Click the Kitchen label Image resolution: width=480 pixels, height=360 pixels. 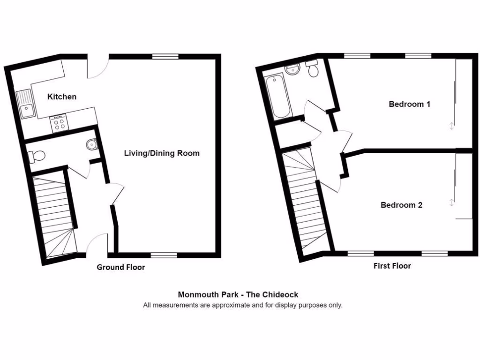coord(62,97)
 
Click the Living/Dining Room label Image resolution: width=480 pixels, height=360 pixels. coord(162,153)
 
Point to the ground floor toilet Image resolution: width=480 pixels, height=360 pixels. coord(36,156)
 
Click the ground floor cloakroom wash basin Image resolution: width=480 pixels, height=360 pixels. coord(92,145)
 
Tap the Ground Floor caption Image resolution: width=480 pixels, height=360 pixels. coord(120,268)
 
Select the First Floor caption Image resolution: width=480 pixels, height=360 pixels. coord(392,266)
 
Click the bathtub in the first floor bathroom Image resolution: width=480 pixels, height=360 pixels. coord(278,97)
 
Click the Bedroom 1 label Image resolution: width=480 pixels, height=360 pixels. coord(409,104)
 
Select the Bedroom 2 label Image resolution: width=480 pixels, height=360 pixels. coord(401,205)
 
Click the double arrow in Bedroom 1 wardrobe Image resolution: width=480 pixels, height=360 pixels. coord(451,126)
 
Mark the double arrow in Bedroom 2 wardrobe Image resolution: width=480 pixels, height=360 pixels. coord(451,202)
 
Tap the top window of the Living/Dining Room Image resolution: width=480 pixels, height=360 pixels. coord(165,57)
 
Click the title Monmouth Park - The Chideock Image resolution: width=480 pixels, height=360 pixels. coord(238,295)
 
